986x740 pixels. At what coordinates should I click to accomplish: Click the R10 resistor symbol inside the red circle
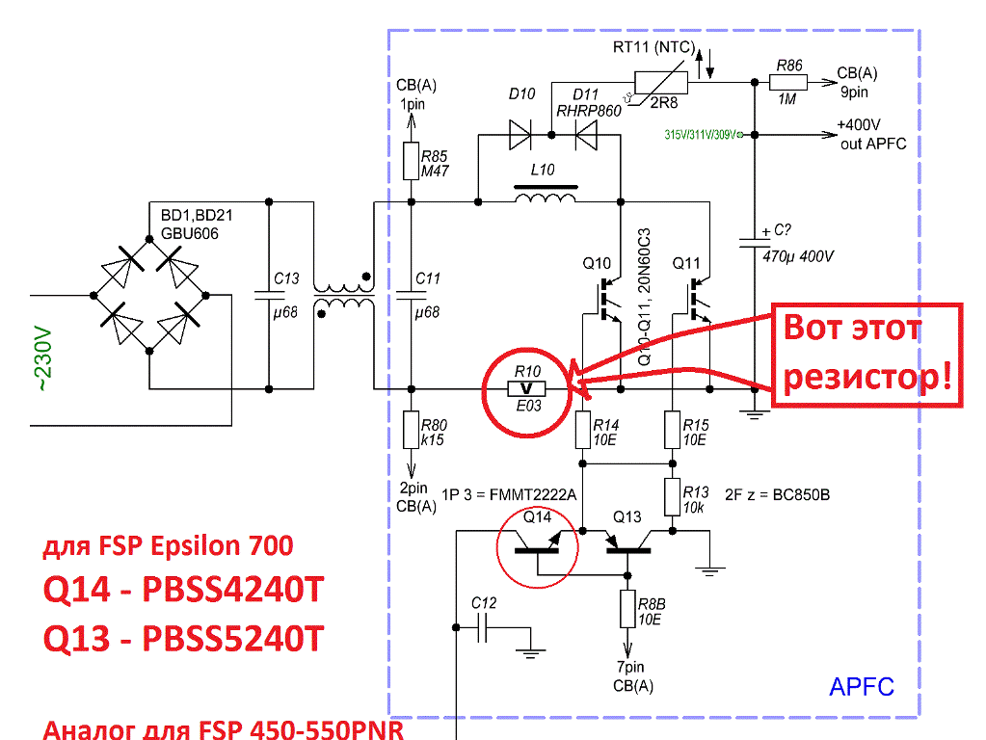(x=526, y=388)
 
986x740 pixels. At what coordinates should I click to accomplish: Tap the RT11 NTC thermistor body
(x=661, y=83)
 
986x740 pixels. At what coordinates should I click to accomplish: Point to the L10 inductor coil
(x=545, y=198)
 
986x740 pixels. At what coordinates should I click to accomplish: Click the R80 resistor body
(x=412, y=430)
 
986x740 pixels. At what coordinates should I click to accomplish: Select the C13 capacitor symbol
(x=269, y=295)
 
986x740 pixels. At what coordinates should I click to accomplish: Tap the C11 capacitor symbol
(x=412, y=295)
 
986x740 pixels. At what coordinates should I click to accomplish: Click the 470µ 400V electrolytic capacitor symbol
(x=755, y=241)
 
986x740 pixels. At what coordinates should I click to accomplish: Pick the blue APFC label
(x=861, y=687)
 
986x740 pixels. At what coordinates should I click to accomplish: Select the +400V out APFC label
(x=871, y=134)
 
